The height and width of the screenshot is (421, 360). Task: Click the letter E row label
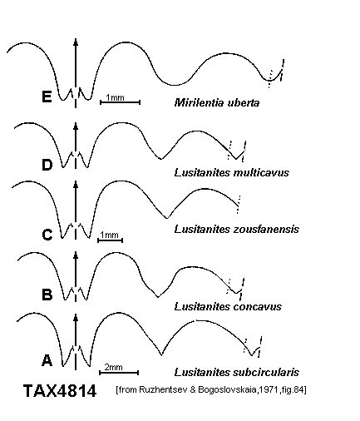pyautogui.click(x=47, y=97)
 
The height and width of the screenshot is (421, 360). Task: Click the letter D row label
pyautogui.click(x=47, y=165)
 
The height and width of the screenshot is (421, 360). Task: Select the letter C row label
pyautogui.click(x=47, y=235)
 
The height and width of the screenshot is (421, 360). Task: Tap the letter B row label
pyautogui.click(x=47, y=295)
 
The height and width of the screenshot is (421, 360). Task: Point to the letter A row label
pyautogui.click(x=47, y=360)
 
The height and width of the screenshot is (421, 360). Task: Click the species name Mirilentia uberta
pyautogui.click(x=217, y=103)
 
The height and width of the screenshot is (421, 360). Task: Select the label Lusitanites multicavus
pyautogui.click(x=232, y=173)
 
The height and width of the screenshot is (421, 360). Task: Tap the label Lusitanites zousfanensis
pyautogui.click(x=237, y=230)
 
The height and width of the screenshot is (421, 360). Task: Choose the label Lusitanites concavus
pyautogui.click(x=228, y=307)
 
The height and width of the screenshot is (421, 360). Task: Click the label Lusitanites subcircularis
pyautogui.click(x=237, y=372)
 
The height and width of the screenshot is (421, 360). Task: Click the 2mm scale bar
pyautogui.click(x=119, y=373)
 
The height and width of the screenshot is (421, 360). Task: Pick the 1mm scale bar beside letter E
pyautogui.click(x=120, y=102)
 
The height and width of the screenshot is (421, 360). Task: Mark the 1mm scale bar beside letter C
pyautogui.click(x=110, y=240)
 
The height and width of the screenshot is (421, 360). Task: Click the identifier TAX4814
pyautogui.click(x=60, y=391)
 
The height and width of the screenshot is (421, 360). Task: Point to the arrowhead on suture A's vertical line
pyautogui.click(x=76, y=318)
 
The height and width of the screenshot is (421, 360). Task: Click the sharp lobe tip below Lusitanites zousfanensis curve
pyautogui.click(x=167, y=218)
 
